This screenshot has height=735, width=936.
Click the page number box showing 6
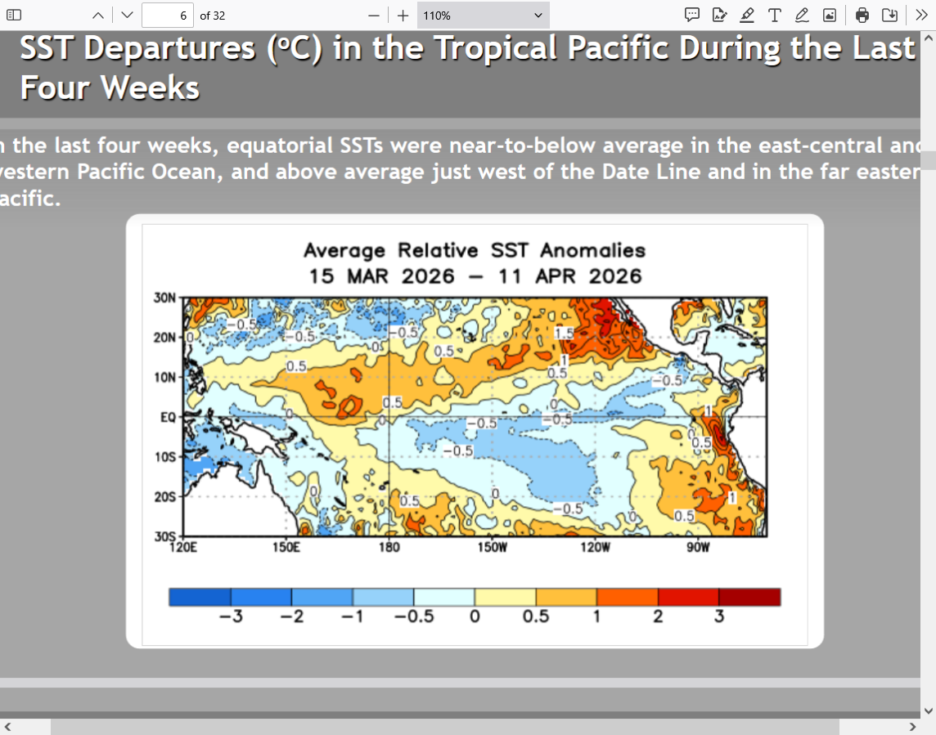tap(167, 15)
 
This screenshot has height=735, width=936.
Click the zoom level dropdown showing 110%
tap(483, 15)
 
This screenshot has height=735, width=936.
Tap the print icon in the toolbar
tap(862, 15)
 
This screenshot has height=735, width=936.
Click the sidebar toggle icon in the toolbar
tap(14, 15)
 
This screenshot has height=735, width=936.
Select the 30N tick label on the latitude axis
tap(164, 298)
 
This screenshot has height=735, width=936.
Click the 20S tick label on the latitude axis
tap(164, 496)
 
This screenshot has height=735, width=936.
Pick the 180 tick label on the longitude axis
tap(389, 547)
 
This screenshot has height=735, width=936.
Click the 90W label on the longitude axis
tap(698, 547)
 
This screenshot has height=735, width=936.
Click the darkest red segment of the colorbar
tap(749, 597)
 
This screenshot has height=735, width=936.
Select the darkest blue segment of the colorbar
tap(200, 597)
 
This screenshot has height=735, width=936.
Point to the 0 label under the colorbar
tap(475, 616)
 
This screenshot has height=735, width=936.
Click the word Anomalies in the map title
tap(593, 251)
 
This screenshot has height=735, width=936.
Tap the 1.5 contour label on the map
tap(564, 334)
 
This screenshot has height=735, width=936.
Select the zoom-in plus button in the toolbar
tap(403, 15)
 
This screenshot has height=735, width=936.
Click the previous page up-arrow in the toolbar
tap(98, 15)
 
